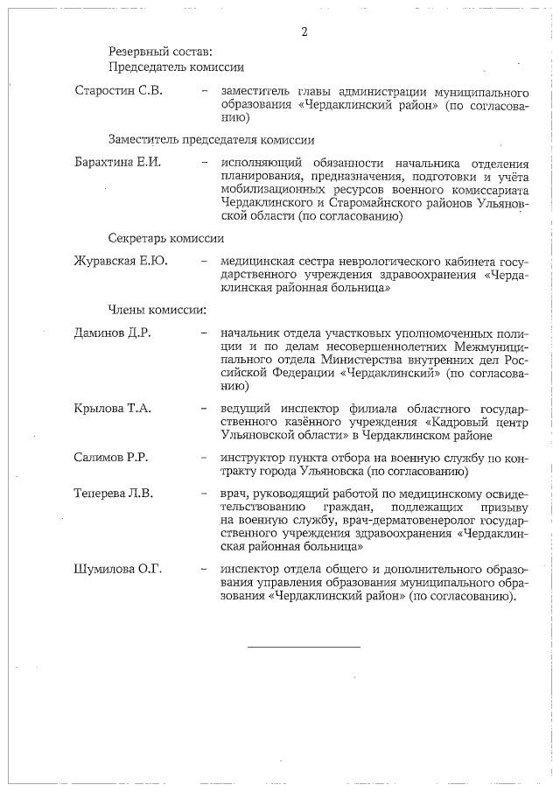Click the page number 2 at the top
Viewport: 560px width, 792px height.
(x=304, y=32)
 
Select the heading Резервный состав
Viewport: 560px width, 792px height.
(x=160, y=51)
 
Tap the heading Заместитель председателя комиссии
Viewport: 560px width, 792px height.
(x=212, y=139)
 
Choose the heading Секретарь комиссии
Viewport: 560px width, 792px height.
(x=166, y=237)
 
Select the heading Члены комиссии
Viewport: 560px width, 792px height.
(x=157, y=309)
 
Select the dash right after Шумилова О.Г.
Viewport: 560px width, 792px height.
(x=204, y=570)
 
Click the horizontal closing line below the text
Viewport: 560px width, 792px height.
(x=304, y=647)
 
